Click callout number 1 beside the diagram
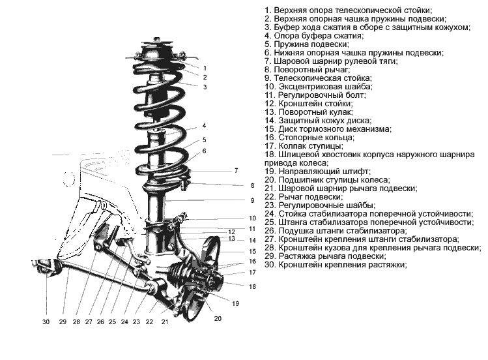tap(205, 67)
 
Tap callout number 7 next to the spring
tap(237, 171)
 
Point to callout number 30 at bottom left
tap(46, 322)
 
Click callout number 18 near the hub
tap(252, 286)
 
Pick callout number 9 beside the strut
tap(251, 200)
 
